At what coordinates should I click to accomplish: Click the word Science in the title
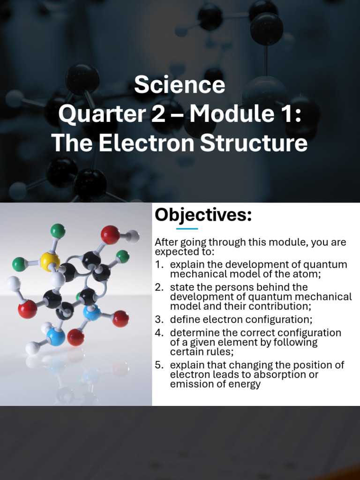coord(180,85)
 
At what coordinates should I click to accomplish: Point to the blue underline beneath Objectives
coord(187,229)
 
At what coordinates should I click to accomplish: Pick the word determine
coord(192,333)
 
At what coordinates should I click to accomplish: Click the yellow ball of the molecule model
coord(50,261)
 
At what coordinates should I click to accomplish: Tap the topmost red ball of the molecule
coord(110,235)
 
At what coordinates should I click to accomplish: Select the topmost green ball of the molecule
coord(58,231)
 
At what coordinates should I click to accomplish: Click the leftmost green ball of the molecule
coord(19,264)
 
